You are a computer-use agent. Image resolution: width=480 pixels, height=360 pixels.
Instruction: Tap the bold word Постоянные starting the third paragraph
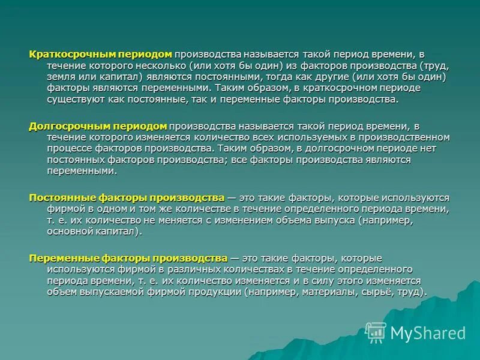[x=59, y=197]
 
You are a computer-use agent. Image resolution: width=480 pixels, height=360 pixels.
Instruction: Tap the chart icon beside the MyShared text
[x=376, y=331]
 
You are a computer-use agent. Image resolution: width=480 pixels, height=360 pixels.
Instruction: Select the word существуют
[x=74, y=100]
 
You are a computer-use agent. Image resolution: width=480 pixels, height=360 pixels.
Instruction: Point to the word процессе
[x=68, y=148]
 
